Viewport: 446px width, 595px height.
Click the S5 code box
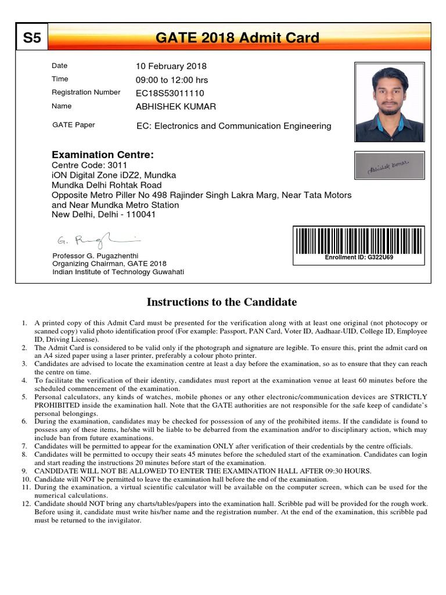(32, 38)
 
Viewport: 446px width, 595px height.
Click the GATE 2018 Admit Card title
(238, 38)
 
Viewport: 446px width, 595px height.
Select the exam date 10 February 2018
(171, 66)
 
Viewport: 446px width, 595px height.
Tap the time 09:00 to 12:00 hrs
(171, 80)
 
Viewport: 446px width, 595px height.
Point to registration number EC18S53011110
(170, 93)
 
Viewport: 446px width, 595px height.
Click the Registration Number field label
(86, 92)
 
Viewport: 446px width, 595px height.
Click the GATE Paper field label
(74, 125)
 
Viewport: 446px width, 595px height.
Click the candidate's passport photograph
(389, 102)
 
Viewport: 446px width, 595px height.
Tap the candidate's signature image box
(389, 165)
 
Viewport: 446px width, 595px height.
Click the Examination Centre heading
(102, 155)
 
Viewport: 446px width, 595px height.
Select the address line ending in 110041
(104, 214)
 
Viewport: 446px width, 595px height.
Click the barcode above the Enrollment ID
(359, 241)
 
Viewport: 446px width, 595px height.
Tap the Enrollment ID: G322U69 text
(359, 257)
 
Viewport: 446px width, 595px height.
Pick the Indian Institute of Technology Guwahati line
(118, 272)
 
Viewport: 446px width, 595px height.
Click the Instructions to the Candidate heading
(221, 302)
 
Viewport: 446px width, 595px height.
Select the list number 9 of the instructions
(24, 471)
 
